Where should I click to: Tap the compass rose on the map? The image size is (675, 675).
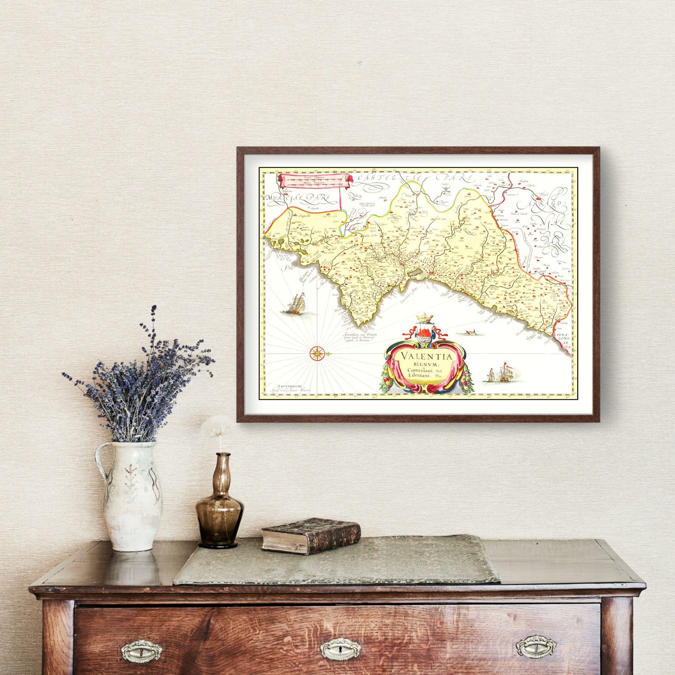(317, 352)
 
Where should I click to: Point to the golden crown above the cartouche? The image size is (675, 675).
(424, 318)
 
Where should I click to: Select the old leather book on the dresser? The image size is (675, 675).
(311, 535)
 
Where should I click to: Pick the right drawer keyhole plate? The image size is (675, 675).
(536, 647)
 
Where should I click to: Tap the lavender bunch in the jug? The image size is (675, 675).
(140, 378)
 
